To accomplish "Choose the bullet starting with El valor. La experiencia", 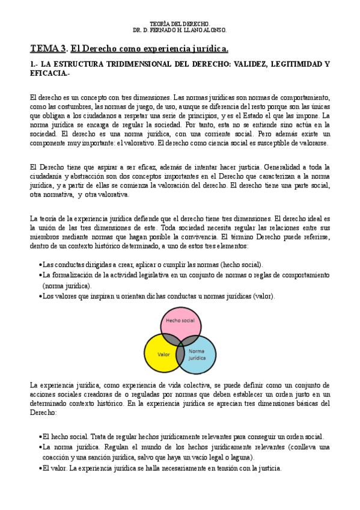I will pyautogui.click(x=162, y=468).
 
